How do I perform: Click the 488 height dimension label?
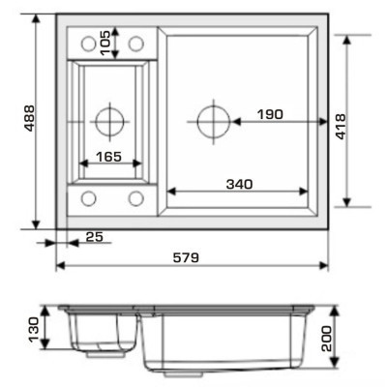(30, 118)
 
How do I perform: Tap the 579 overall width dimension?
(186, 257)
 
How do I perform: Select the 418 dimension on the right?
(341, 127)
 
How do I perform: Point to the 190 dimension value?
(270, 114)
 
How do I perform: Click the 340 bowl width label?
(240, 184)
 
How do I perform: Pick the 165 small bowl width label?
(109, 157)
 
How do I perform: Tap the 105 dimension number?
(105, 44)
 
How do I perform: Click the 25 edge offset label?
(95, 237)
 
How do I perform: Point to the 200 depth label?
(326, 339)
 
